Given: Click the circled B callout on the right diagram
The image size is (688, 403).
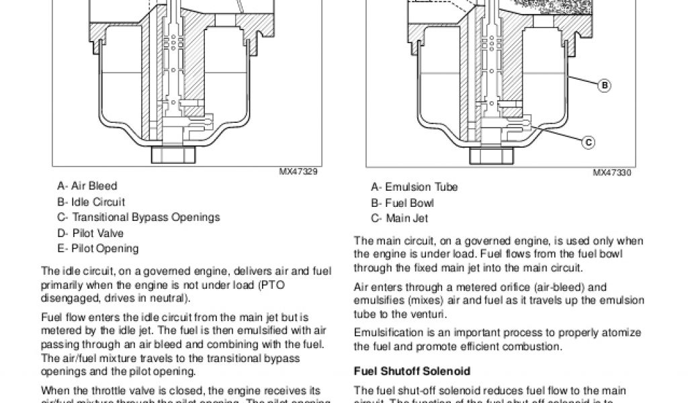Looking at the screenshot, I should click(x=604, y=85).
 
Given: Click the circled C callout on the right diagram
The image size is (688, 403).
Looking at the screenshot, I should click(x=587, y=142).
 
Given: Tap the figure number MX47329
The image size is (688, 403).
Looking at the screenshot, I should click(x=299, y=172).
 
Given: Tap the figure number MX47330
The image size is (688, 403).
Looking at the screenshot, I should click(x=612, y=173).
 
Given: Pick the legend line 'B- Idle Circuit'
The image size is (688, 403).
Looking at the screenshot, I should click(x=91, y=202).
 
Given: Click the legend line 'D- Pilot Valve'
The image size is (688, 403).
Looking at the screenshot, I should click(x=90, y=233).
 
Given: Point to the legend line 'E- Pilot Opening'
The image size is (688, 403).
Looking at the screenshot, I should click(x=97, y=249).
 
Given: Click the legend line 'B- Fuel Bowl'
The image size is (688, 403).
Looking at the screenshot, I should click(x=401, y=203).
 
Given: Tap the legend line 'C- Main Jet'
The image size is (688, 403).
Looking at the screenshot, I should click(x=399, y=218).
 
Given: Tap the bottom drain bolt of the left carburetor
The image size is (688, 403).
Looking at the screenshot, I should click(x=173, y=155).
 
